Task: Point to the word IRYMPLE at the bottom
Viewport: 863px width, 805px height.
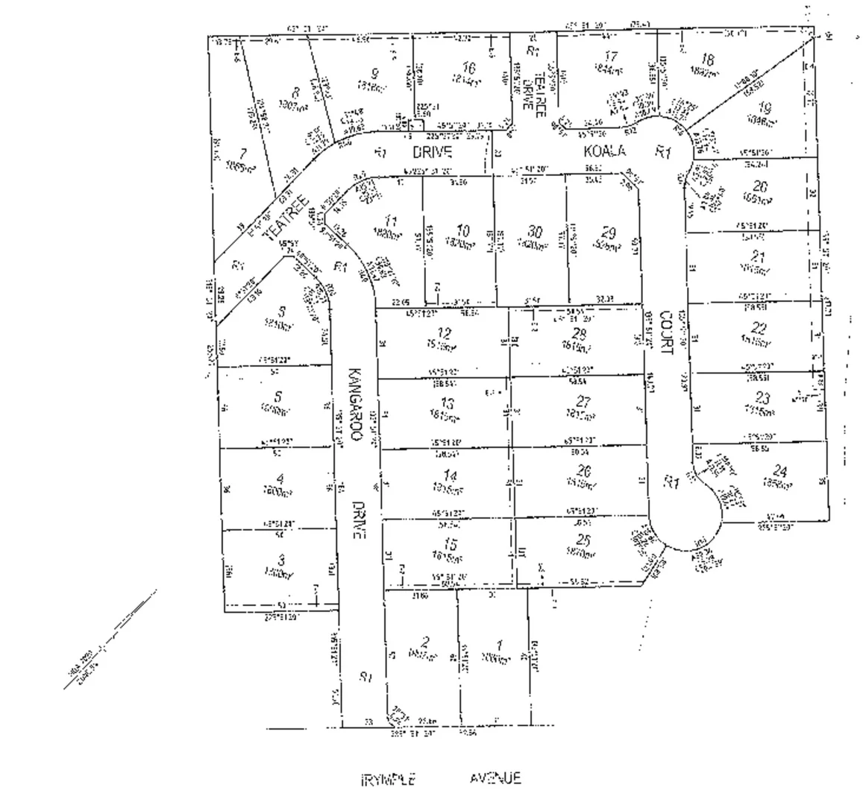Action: (388, 780)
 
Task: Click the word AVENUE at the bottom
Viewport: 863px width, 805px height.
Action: (495, 779)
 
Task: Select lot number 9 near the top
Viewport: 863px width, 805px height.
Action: (374, 74)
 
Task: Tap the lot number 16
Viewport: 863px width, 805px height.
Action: (468, 69)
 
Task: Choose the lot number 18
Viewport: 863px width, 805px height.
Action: (708, 60)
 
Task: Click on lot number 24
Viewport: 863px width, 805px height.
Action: (779, 470)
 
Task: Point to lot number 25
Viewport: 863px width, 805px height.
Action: (583, 540)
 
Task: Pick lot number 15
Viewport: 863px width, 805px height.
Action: (450, 544)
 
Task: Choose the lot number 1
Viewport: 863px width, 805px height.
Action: (499, 645)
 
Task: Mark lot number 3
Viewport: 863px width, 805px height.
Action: (280, 560)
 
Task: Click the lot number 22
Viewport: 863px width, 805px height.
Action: (759, 327)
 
